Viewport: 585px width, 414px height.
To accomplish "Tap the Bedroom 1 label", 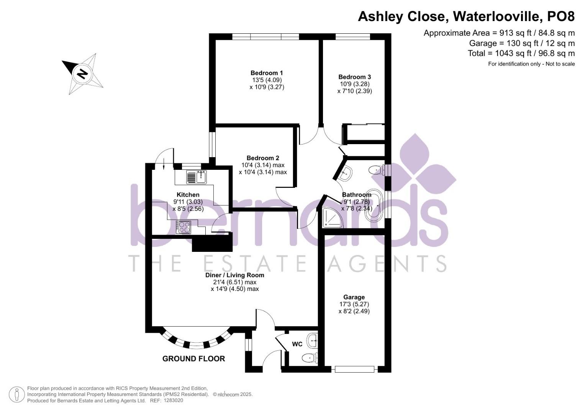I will [267, 73].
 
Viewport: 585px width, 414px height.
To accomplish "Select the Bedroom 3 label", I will [354, 77].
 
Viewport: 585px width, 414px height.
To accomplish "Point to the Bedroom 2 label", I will [263, 158].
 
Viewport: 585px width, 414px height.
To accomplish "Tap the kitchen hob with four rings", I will [184, 227].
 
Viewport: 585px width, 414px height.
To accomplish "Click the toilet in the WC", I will [310, 358].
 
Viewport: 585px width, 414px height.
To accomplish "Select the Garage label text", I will [354, 297].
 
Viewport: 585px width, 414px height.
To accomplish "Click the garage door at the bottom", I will [354, 369].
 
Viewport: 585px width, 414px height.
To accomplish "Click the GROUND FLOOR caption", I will [193, 359].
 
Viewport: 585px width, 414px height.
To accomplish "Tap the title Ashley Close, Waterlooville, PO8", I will [466, 16].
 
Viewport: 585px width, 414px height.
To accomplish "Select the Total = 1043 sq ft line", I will [521, 53].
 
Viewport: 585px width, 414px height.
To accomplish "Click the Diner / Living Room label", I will [234, 275].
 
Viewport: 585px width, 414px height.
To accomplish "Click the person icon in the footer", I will [16, 394].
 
